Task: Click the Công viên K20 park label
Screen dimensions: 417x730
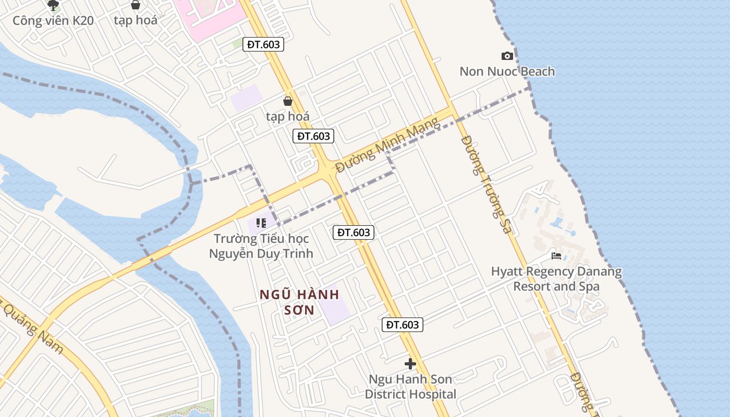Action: pyautogui.click(x=53, y=21)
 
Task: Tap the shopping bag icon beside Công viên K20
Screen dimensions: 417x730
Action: pyautogui.click(x=136, y=5)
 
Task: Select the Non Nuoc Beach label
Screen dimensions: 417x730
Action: pyautogui.click(x=507, y=71)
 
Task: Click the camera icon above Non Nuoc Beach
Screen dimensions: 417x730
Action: pyautogui.click(x=507, y=56)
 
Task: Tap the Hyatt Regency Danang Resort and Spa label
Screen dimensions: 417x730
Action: pyautogui.click(x=556, y=279)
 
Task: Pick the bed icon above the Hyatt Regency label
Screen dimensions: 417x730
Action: pyautogui.click(x=556, y=256)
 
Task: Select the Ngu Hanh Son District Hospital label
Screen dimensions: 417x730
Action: pyautogui.click(x=410, y=387)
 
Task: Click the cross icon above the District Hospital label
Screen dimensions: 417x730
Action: pyautogui.click(x=410, y=363)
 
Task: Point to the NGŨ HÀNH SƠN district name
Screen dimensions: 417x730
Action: pyautogui.click(x=300, y=302)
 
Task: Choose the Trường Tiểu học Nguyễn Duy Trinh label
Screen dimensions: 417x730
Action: pyautogui.click(x=261, y=246)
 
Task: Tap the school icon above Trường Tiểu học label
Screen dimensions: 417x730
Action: pyautogui.click(x=261, y=223)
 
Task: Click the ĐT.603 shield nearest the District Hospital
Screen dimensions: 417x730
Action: pyautogui.click(x=402, y=325)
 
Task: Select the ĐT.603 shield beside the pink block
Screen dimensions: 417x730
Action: pyautogui.click(x=263, y=44)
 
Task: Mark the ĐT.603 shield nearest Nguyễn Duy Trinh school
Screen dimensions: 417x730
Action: pyautogui.click(x=354, y=232)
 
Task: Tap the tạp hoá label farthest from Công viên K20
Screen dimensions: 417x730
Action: pyautogui.click(x=288, y=116)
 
